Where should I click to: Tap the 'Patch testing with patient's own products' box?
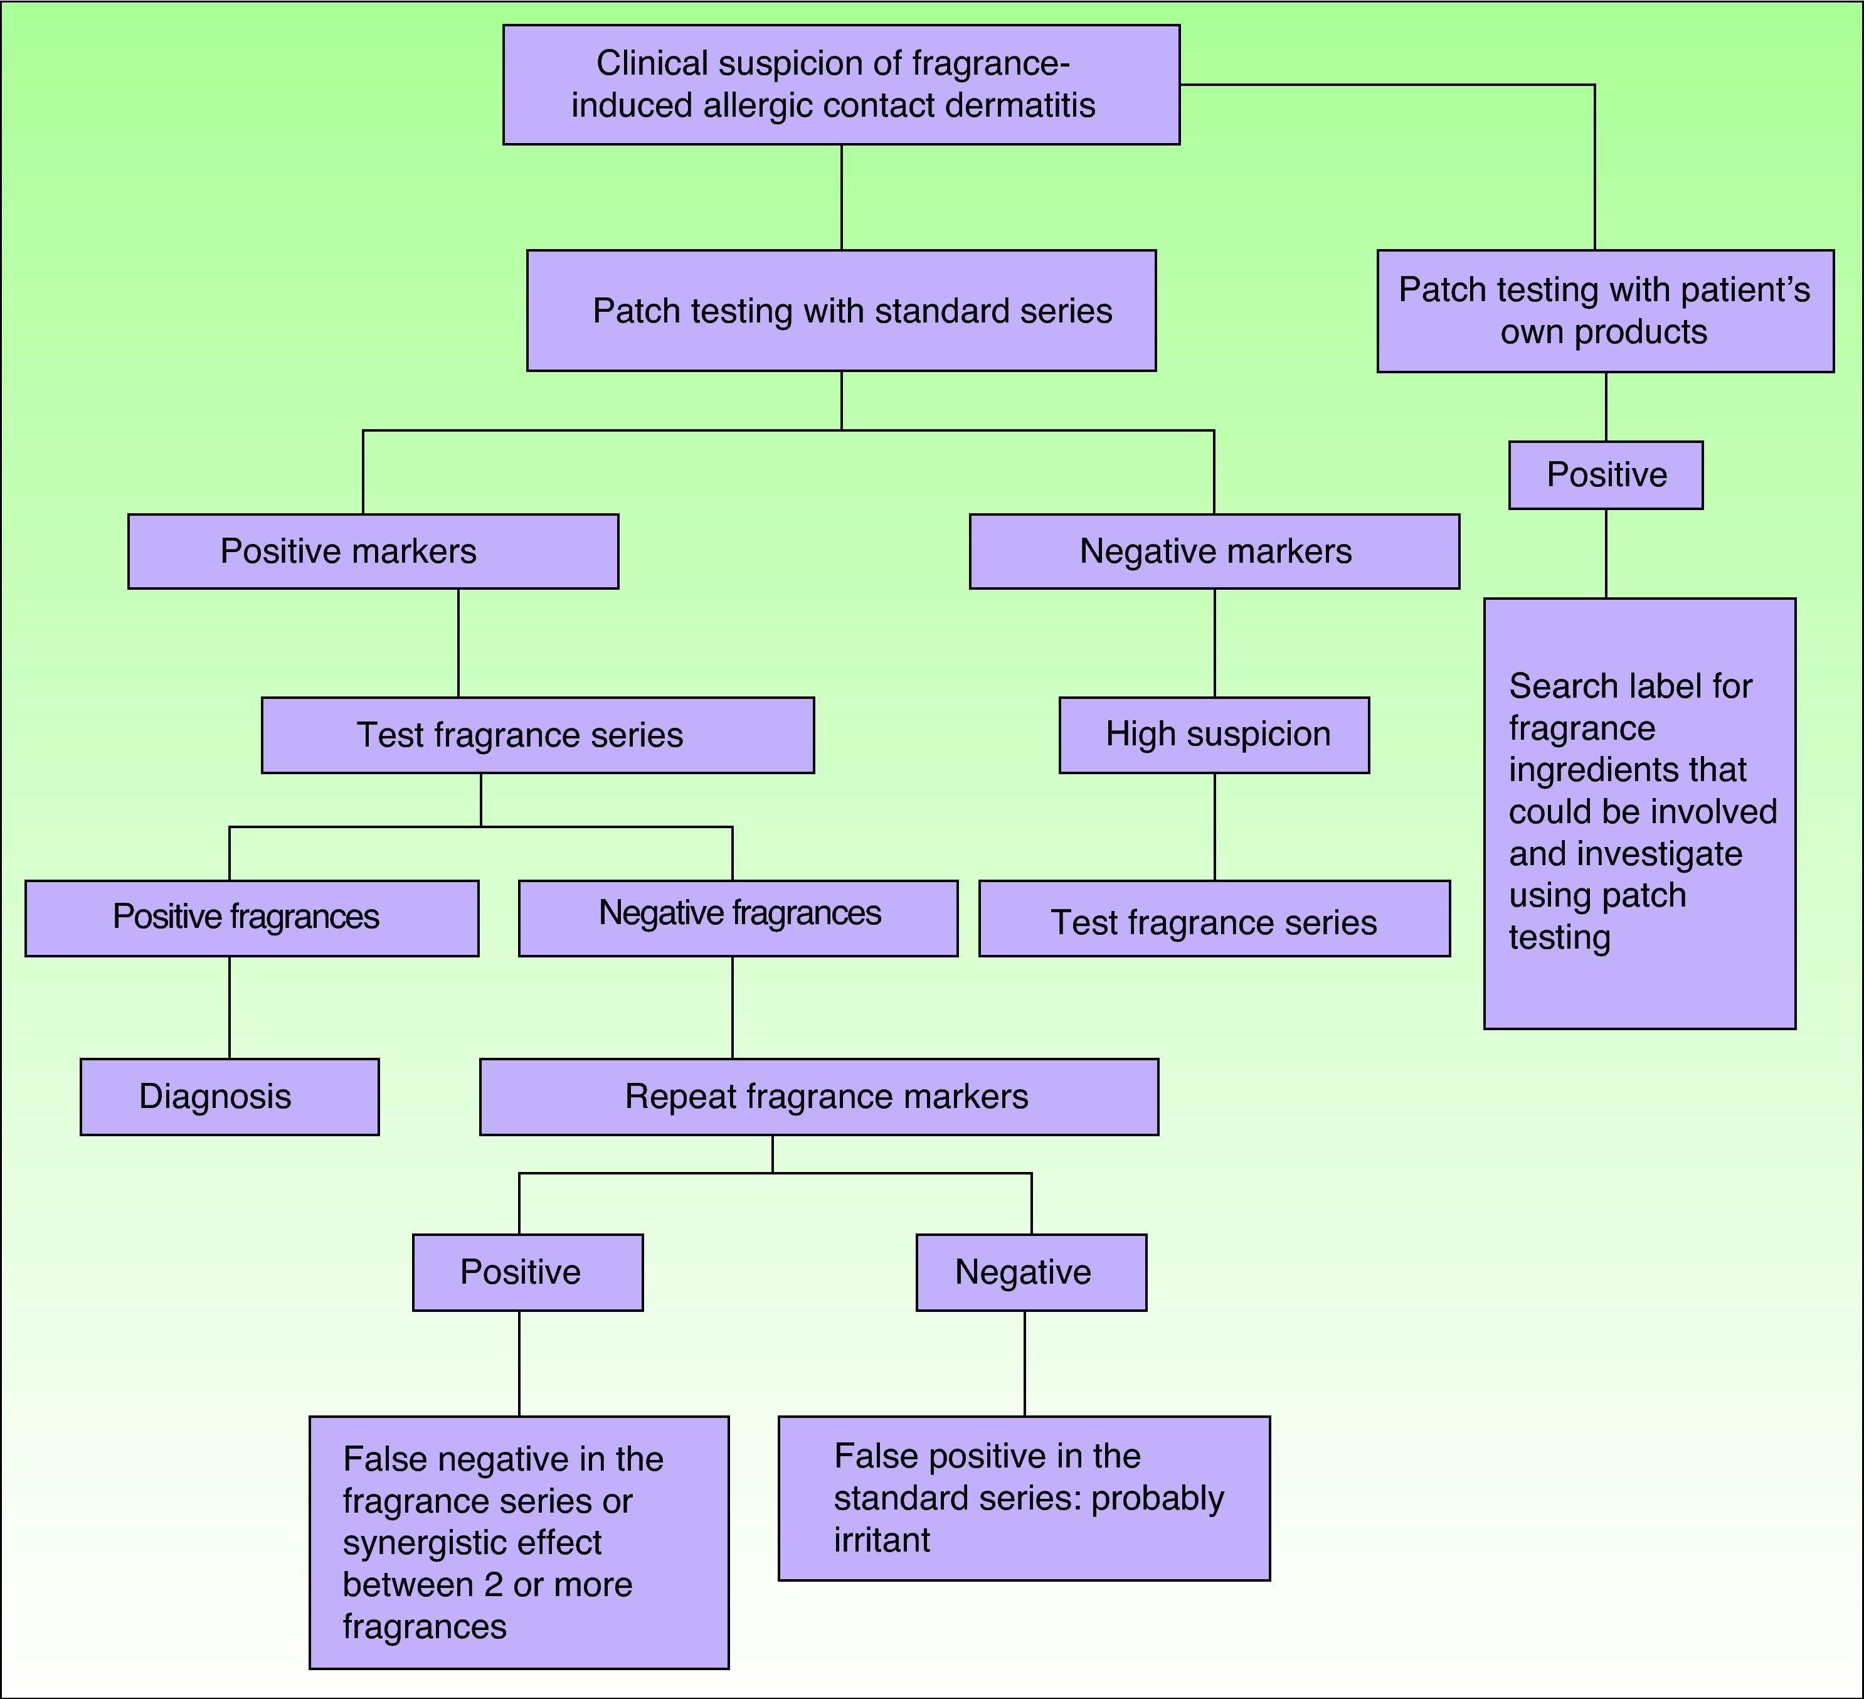[x=1604, y=311]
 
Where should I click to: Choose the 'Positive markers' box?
[x=373, y=551]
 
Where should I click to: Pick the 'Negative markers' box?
[x=1214, y=551]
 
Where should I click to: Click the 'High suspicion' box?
[x=1214, y=734]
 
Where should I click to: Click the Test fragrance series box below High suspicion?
[x=1214, y=919]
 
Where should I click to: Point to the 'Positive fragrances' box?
[x=252, y=917]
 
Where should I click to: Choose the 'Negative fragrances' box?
[x=738, y=917]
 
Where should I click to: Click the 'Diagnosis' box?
[x=230, y=1097]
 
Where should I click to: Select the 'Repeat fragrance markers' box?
[x=818, y=1097]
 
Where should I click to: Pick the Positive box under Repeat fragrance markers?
[x=527, y=1272]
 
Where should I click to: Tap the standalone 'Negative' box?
[x=1031, y=1272]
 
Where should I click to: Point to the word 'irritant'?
[x=881, y=1540]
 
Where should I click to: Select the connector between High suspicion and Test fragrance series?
[x=1214, y=826]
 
